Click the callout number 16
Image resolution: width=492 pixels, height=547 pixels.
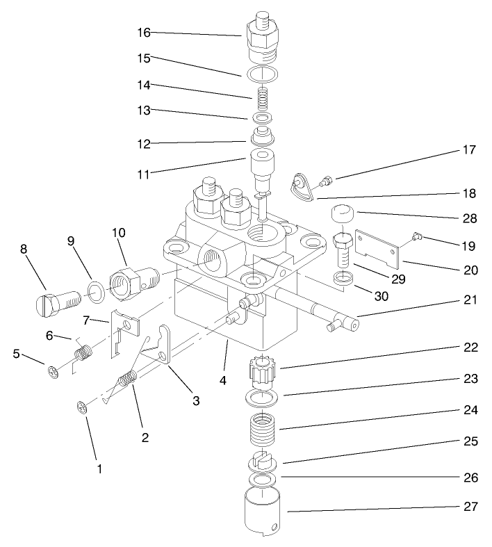[143, 33]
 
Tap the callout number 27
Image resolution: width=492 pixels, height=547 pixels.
[470, 506]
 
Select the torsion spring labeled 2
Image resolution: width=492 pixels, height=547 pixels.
[126, 383]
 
